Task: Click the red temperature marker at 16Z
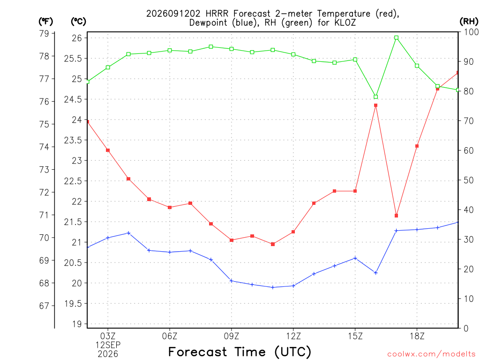[x=375, y=105]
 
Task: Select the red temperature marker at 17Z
[x=396, y=216]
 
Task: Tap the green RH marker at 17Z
[x=396, y=37]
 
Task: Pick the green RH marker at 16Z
[x=375, y=97]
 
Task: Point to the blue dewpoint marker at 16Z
[x=375, y=273]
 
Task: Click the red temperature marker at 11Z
[x=273, y=244]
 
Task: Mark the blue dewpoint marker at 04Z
[x=128, y=233]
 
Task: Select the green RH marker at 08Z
[x=211, y=47]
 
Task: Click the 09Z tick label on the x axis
[x=232, y=336]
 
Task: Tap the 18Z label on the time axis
[x=417, y=336]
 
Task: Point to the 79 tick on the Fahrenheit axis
[x=45, y=33]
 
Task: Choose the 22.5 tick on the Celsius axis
[x=73, y=181]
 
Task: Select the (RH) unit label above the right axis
[x=469, y=21]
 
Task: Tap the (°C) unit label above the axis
[x=78, y=21]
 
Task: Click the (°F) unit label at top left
[x=45, y=21]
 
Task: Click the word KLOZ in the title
[x=345, y=22]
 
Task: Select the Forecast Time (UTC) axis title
[x=240, y=352]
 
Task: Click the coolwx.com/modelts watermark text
[x=431, y=354]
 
